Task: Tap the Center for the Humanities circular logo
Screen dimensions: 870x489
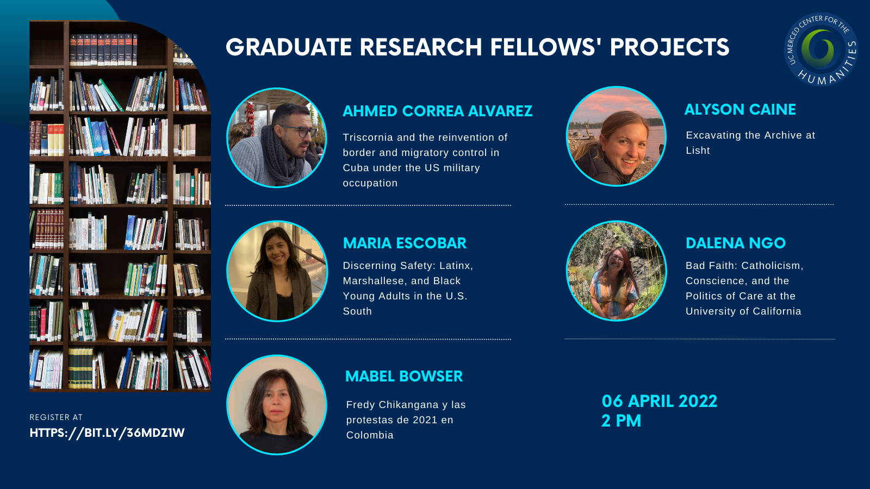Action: pyautogui.click(x=821, y=49)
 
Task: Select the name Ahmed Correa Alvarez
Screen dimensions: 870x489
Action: pyautogui.click(x=437, y=111)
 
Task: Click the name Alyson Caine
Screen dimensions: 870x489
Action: pyautogui.click(x=740, y=109)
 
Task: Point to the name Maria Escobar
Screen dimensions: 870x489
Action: pyautogui.click(x=405, y=243)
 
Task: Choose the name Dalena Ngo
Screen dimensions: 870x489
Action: pyautogui.click(x=736, y=243)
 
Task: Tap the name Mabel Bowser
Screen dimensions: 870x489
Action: pyautogui.click(x=404, y=376)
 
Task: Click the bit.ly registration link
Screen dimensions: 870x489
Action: pyautogui.click(x=107, y=433)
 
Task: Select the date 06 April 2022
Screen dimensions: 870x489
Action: pyautogui.click(x=660, y=402)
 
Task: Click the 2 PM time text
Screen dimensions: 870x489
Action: pyautogui.click(x=621, y=421)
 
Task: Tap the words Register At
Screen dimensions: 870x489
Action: pyautogui.click(x=56, y=417)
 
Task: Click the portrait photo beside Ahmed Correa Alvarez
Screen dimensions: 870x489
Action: pyautogui.click(x=277, y=138)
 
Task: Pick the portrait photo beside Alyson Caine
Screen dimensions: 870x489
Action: pyautogui.click(x=617, y=136)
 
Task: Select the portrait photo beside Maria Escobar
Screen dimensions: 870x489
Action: pyautogui.click(x=277, y=271)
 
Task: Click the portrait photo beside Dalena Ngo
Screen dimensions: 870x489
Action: pyautogui.click(x=617, y=271)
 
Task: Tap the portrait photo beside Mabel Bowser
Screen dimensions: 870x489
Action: pyautogui.click(x=277, y=405)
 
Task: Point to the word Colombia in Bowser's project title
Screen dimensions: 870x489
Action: pyautogui.click(x=370, y=435)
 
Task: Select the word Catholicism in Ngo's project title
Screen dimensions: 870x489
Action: pyautogui.click(x=772, y=266)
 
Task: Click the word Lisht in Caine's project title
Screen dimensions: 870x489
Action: pyautogui.click(x=698, y=150)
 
